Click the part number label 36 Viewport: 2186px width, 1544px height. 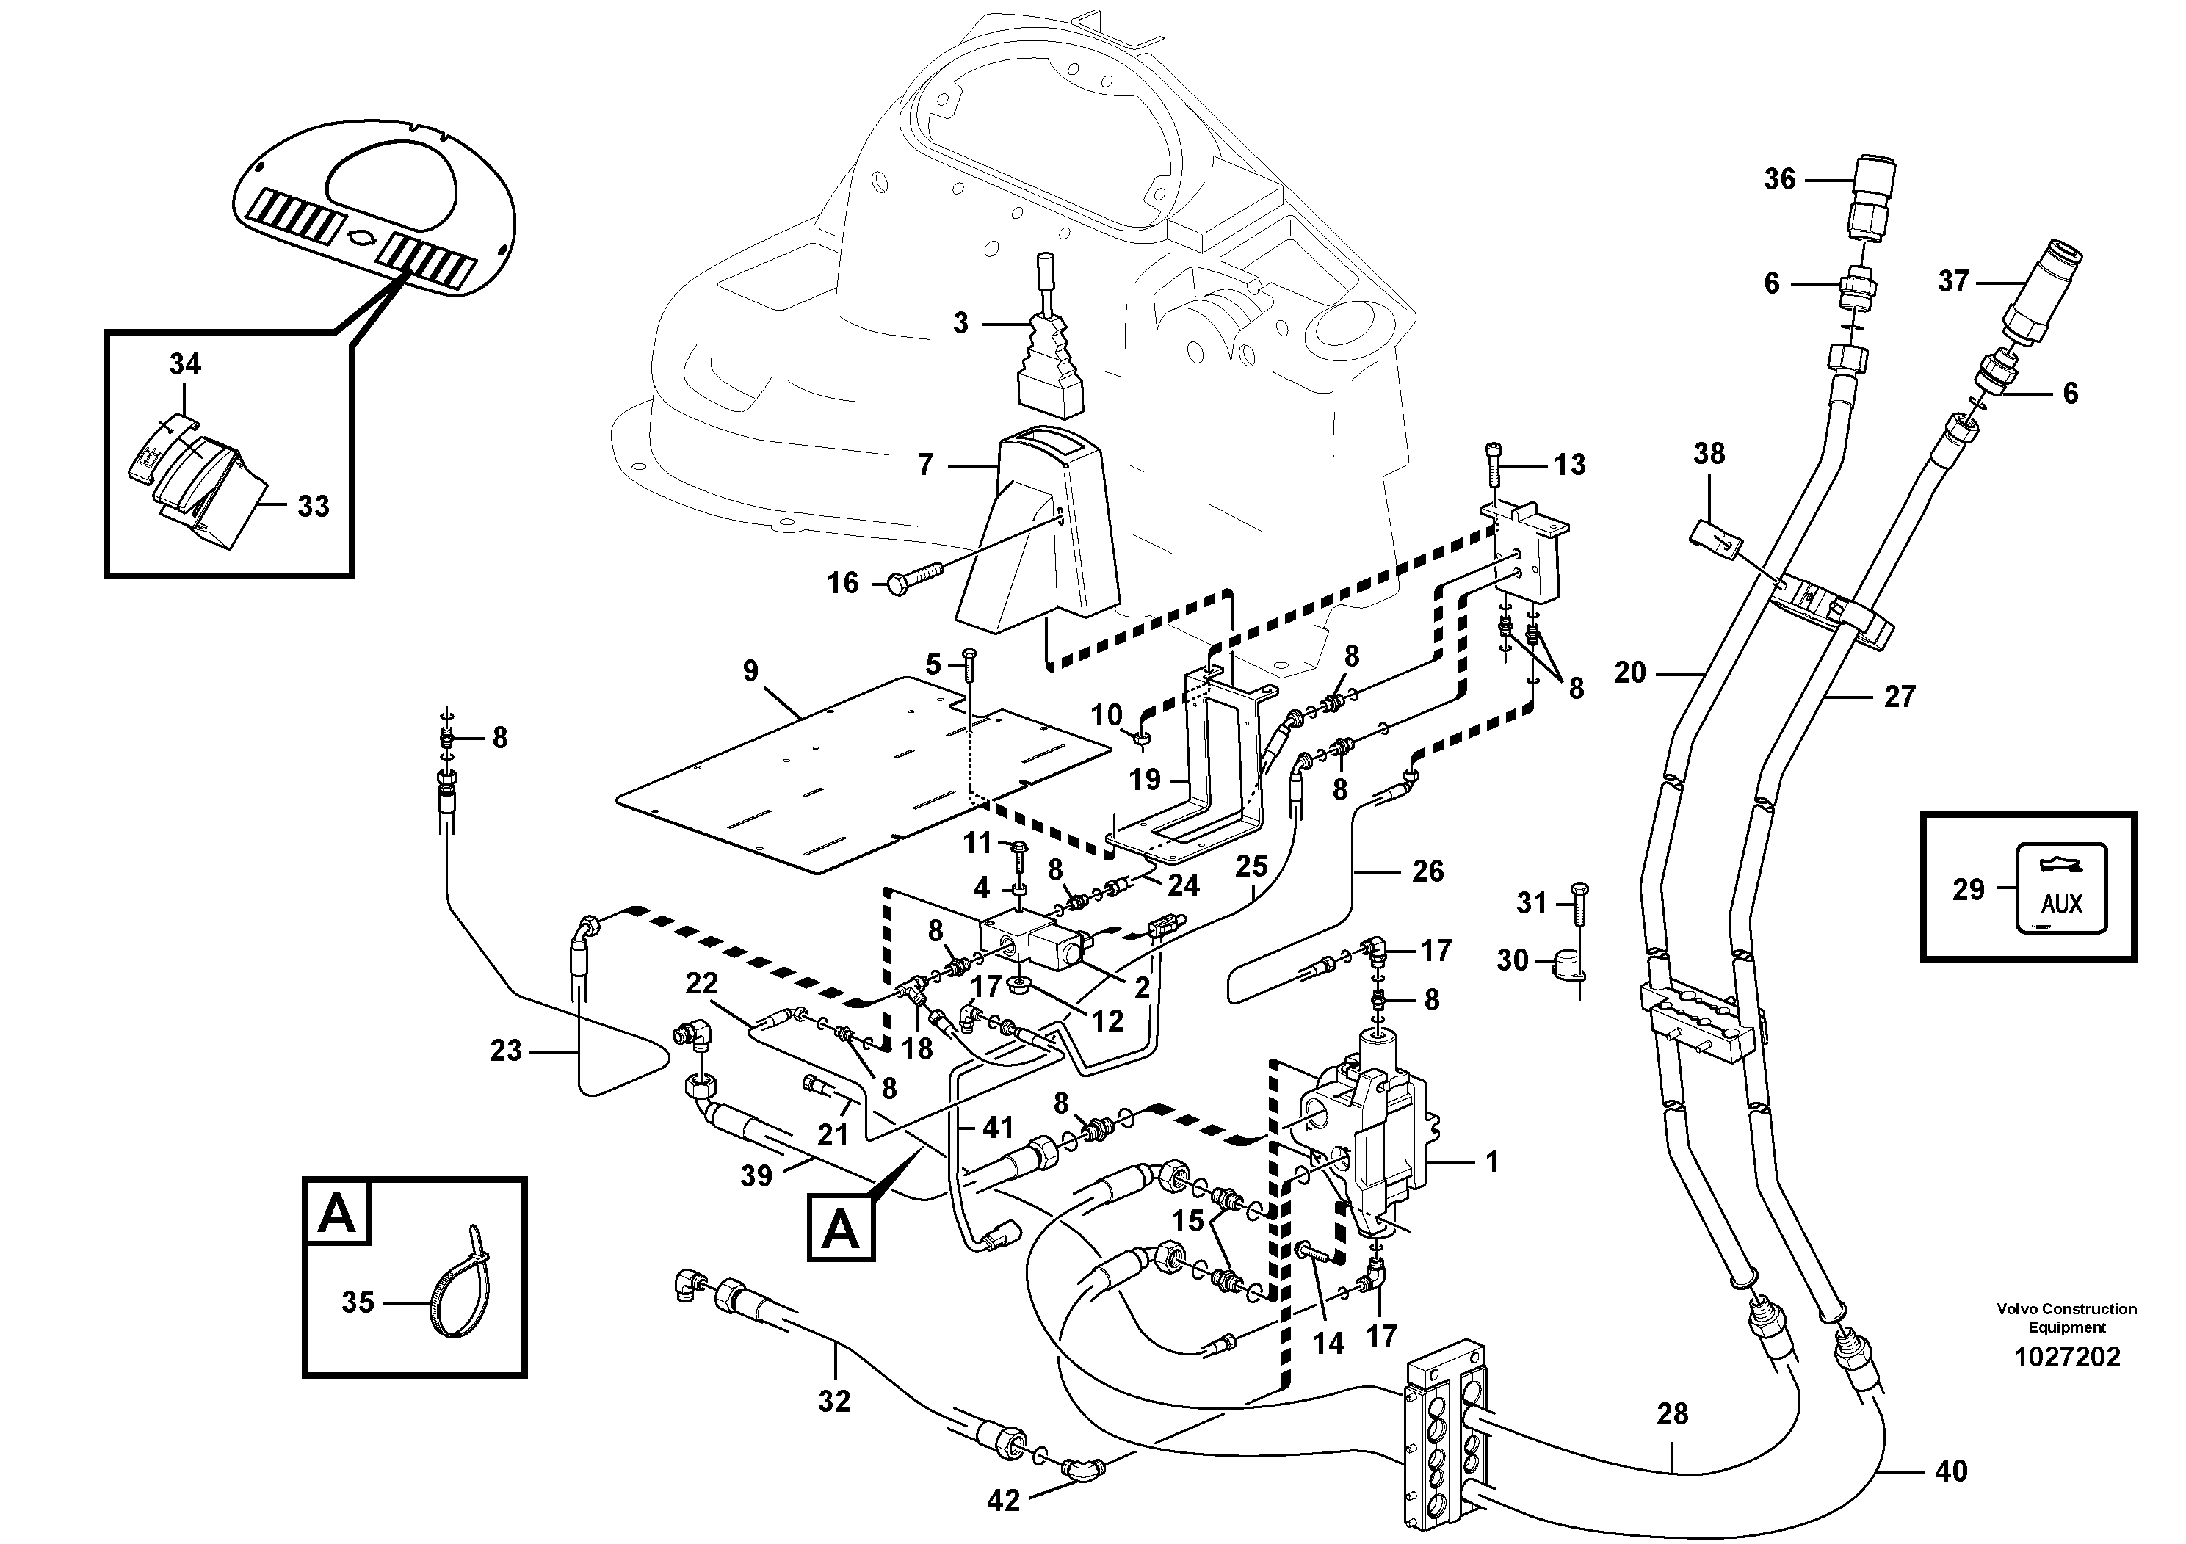(x=1778, y=179)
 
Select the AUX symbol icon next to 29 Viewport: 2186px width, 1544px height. (x=2061, y=889)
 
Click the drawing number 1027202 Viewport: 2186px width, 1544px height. (x=2066, y=1358)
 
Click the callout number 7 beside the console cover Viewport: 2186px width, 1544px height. (x=925, y=465)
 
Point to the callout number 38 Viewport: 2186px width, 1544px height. (x=1708, y=454)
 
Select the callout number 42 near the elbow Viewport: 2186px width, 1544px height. (x=1004, y=1501)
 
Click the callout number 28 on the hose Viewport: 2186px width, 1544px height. (x=1671, y=1415)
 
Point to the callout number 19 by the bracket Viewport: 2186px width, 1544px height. (x=1145, y=780)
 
